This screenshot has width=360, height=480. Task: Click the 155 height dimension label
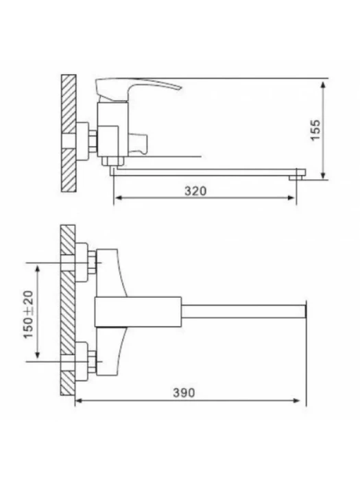[x=315, y=130]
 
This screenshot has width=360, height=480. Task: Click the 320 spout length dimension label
[x=195, y=191]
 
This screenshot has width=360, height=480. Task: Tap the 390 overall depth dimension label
[x=184, y=393]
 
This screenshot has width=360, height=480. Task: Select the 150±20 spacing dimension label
[x=29, y=314]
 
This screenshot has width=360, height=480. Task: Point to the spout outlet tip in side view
[x=297, y=177]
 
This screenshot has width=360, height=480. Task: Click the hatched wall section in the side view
[x=69, y=134]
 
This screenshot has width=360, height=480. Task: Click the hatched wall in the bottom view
[x=68, y=310]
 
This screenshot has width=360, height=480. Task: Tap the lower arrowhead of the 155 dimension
[x=323, y=175]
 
